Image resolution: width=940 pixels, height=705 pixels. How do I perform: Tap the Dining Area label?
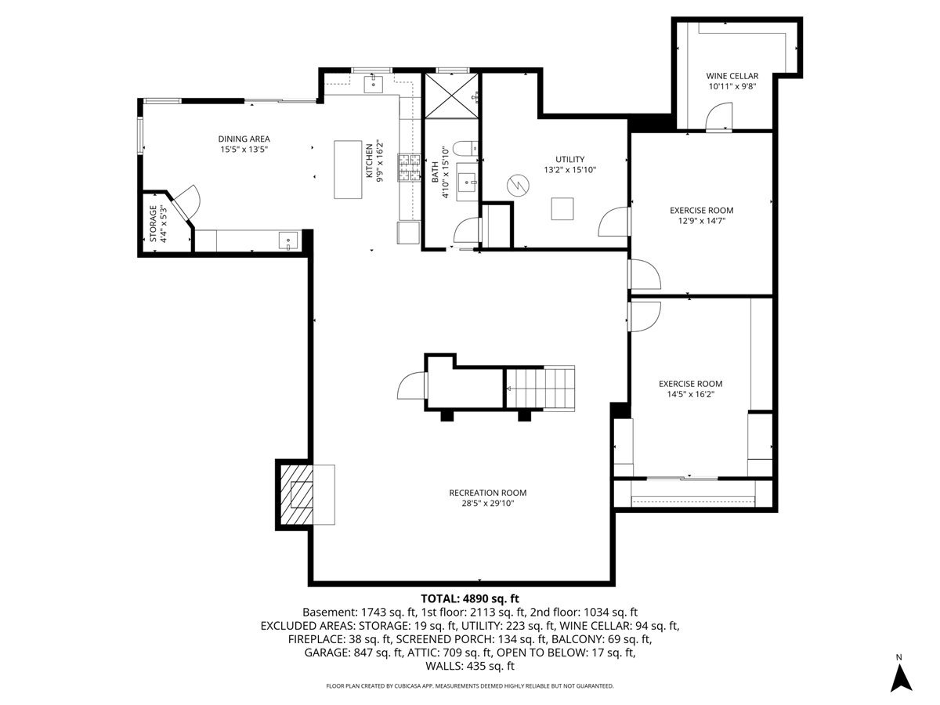pos(244,139)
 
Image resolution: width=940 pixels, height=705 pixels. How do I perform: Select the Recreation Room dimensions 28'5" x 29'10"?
pos(487,504)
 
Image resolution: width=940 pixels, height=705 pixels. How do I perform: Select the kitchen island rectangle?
pos(345,170)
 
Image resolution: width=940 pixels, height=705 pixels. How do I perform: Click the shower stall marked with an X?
pos(451,96)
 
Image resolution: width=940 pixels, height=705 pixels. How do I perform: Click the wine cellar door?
pos(717,118)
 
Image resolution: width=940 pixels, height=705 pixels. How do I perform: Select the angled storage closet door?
pos(186,205)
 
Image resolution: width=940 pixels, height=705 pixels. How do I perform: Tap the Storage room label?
pos(154,224)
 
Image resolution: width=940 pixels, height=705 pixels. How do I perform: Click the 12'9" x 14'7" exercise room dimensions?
pos(701,221)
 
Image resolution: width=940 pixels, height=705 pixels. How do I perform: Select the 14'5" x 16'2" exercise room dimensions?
pos(690,395)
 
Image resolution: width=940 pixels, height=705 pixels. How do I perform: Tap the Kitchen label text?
pos(369,161)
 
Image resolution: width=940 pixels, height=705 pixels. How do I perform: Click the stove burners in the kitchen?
pos(409,168)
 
